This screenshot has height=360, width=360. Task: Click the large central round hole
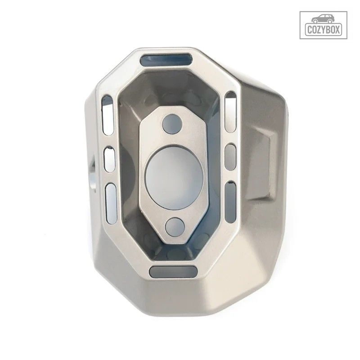175,178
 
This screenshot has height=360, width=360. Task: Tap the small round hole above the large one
172,124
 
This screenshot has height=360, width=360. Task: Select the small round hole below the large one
175,227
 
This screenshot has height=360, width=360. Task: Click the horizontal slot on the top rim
166,60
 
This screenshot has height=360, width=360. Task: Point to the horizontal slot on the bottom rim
173,272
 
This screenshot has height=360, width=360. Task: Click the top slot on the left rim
108,115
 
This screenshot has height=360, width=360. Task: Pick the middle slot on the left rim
109,159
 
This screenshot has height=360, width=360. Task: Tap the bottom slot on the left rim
111,203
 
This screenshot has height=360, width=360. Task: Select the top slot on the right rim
231,112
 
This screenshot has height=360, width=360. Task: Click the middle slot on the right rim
230,157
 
